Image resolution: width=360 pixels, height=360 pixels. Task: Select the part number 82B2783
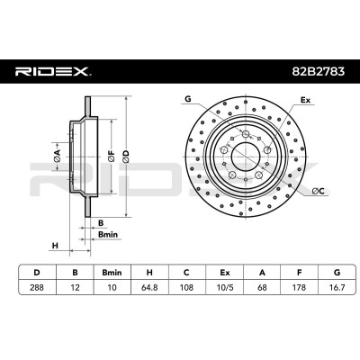pos(319,71)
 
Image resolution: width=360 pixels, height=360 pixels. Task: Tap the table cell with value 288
pos(37,287)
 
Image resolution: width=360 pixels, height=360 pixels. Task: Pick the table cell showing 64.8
pos(149,287)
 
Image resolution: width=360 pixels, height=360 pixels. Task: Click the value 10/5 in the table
pos(224,287)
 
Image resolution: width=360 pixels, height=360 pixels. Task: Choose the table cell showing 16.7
pos(337,287)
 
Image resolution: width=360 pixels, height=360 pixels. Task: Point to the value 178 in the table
pos(299,287)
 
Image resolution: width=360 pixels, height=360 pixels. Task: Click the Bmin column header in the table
pos(112,273)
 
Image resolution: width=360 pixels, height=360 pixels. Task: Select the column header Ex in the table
pos(224,273)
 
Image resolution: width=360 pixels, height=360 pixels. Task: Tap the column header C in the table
pos(186,273)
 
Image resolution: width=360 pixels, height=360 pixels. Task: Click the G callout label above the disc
pos(188,99)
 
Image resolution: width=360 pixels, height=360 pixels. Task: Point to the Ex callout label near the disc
pos(305,100)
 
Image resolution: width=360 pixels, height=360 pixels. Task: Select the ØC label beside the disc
pos(318,191)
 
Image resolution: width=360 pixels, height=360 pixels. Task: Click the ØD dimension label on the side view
pos(126,157)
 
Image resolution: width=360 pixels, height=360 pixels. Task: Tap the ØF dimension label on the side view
pos(112,157)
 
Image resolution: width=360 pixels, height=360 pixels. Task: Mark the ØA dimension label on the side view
pos(57,156)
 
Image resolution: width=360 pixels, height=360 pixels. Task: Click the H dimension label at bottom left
pos(55,246)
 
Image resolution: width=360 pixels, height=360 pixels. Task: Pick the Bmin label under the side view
pos(108,234)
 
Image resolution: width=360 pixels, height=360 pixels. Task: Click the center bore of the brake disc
pos(246,157)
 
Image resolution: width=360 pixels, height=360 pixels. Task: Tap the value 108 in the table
pos(186,287)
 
